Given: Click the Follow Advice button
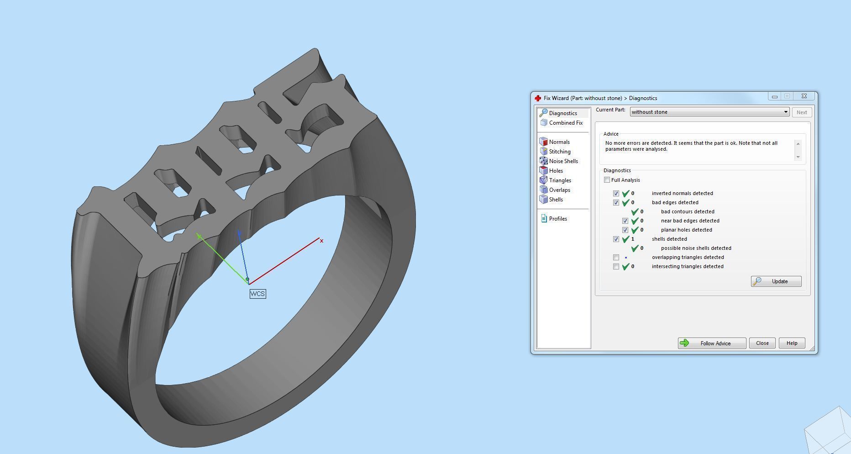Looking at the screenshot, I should point(711,343).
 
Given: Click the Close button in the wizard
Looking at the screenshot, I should point(762,343).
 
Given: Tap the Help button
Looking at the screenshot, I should point(792,343).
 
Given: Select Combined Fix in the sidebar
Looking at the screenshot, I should point(565,123).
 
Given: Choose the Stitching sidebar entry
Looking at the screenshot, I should point(559,152).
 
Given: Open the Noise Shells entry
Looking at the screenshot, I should point(563,161).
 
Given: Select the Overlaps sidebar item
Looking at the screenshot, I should point(559,190).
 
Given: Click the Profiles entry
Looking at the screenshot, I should point(557,219).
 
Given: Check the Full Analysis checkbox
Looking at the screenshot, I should point(607,180).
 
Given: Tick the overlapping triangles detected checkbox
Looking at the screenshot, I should point(616,257).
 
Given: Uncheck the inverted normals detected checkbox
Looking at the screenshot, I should point(616,193).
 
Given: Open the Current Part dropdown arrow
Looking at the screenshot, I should point(785,112).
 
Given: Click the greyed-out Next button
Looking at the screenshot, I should point(801,112).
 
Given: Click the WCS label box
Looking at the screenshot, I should point(257,294).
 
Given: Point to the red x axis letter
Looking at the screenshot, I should point(321,241).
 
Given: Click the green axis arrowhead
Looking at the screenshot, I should point(199,236).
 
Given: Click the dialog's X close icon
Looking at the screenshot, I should point(804,96).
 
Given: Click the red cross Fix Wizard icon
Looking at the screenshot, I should point(538,98).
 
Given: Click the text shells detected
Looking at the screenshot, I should point(669,239).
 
